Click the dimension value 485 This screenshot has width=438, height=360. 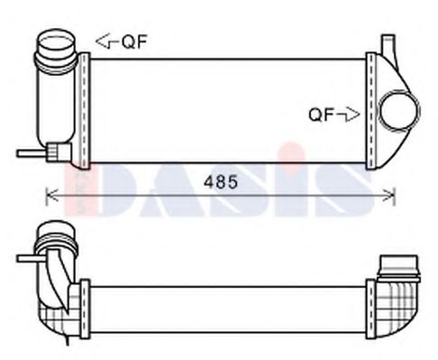[222, 182]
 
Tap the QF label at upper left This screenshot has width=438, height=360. [133, 40]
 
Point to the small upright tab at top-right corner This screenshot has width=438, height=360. [388, 45]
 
